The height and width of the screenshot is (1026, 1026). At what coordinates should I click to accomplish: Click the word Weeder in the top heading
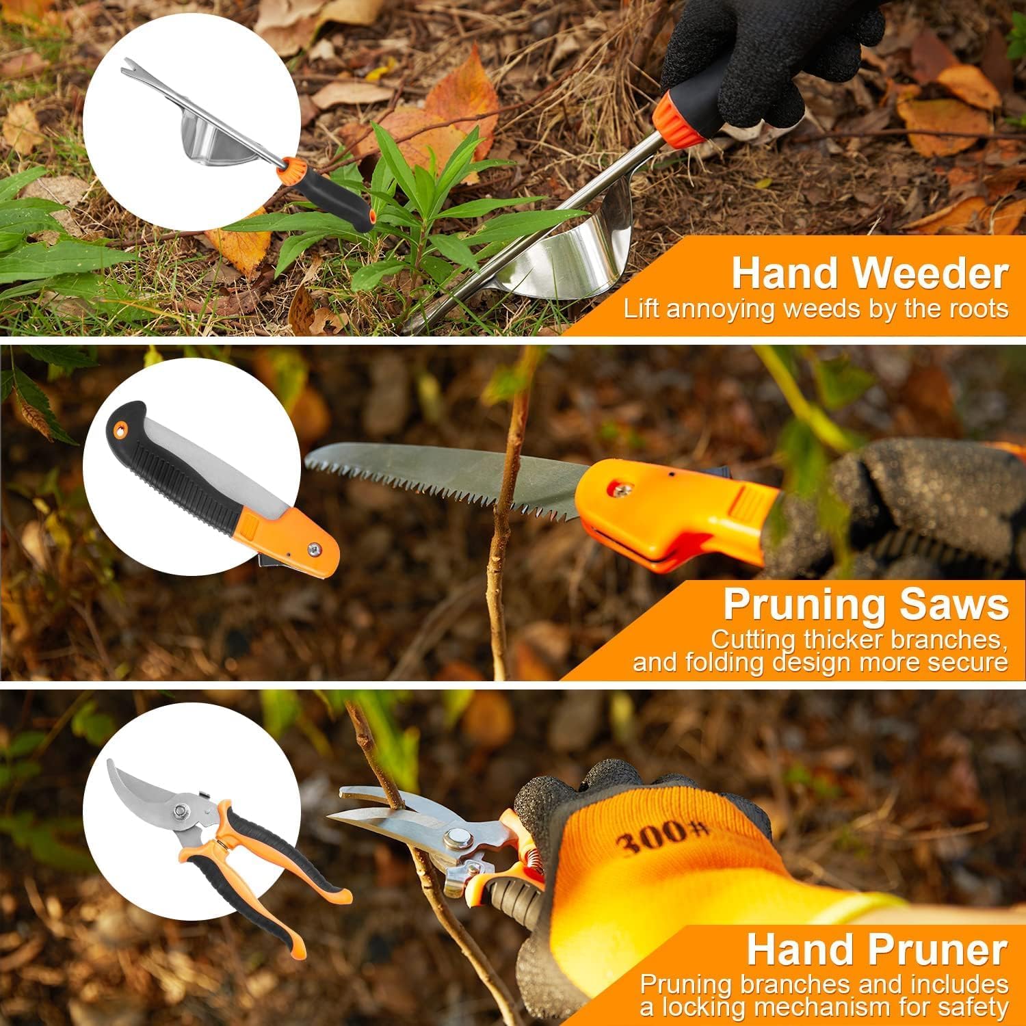[930, 274]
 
